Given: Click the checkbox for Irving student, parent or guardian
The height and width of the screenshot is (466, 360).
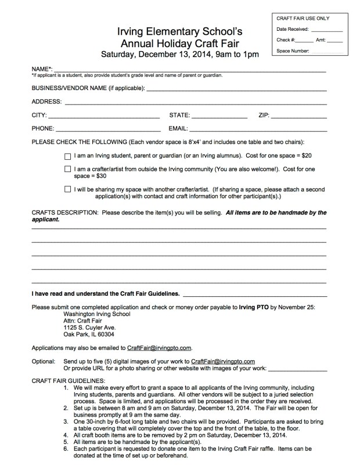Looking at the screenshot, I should pos(68,156).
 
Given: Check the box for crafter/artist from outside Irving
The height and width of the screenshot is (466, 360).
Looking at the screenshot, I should pos(68,169).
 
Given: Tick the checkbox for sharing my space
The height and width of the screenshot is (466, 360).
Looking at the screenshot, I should pos(68,189).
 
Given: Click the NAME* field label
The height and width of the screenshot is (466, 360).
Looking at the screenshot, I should pos(42,69).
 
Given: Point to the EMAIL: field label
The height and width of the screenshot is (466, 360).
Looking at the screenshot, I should pos(178,128).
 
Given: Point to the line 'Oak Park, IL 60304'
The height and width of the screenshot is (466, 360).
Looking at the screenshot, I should pos(88,334).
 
